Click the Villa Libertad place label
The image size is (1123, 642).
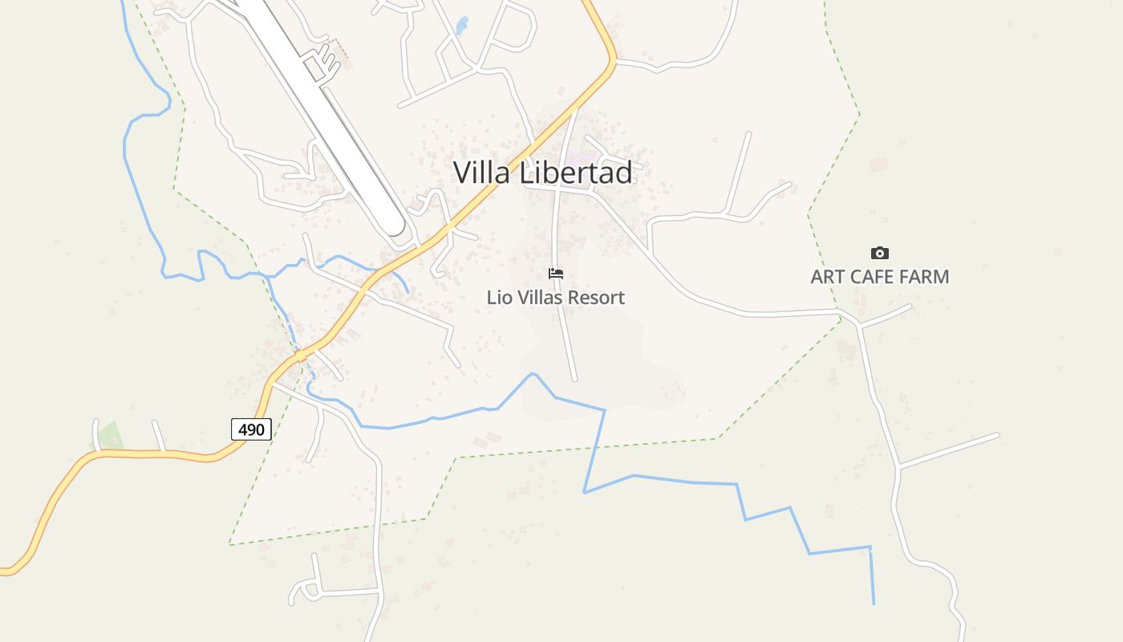pyautogui.click(x=542, y=173)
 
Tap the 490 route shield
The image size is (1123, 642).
pyautogui.click(x=251, y=429)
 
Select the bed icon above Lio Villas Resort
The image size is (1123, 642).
pyautogui.click(x=555, y=274)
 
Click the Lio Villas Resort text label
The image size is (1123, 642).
pyautogui.click(x=555, y=298)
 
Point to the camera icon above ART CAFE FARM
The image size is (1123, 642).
pyautogui.click(x=880, y=253)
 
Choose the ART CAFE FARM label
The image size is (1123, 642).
pyautogui.click(x=879, y=277)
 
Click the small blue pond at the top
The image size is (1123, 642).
pyautogui.click(x=462, y=26)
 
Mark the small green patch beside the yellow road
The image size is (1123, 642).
pyautogui.click(x=111, y=436)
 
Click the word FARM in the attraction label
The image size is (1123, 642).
pyautogui.click(x=923, y=277)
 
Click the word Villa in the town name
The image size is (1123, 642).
pyautogui.click(x=482, y=173)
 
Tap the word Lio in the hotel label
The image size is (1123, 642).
pyautogui.click(x=498, y=298)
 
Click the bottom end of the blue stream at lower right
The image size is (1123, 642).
pyautogui.click(x=874, y=603)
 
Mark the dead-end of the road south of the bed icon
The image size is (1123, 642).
pyautogui.click(x=575, y=379)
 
